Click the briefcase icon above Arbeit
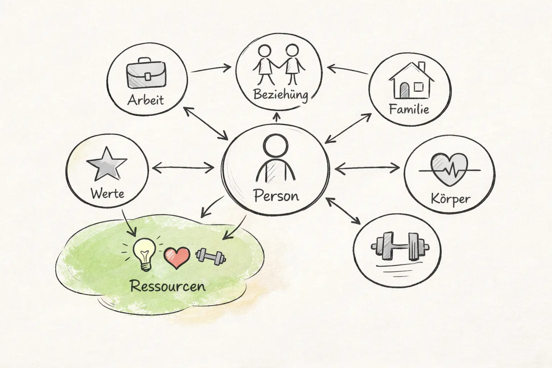pyautogui.click(x=147, y=75)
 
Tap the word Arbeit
pyautogui.click(x=146, y=100)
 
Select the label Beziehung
pyautogui.click(x=281, y=95)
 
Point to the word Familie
pyautogui.click(x=409, y=109)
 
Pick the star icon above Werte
pyautogui.click(x=107, y=164)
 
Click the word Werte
pyautogui.click(x=107, y=194)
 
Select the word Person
pyautogui.click(x=276, y=196)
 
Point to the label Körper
pyautogui.click(x=450, y=199)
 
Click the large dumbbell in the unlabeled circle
pyautogui.click(x=400, y=247)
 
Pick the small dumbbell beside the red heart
pyautogui.click(x=210, y=257)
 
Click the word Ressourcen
pyautogui.click(x=168, y=286)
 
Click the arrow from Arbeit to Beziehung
pyautogui.click(x=210, y=68)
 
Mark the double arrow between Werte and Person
pyautogui.click(x=183, y=167)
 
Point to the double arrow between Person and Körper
pyautogui.click(x=367, y=167)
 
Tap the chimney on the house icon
pyautogui.click(x=422, y=67)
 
